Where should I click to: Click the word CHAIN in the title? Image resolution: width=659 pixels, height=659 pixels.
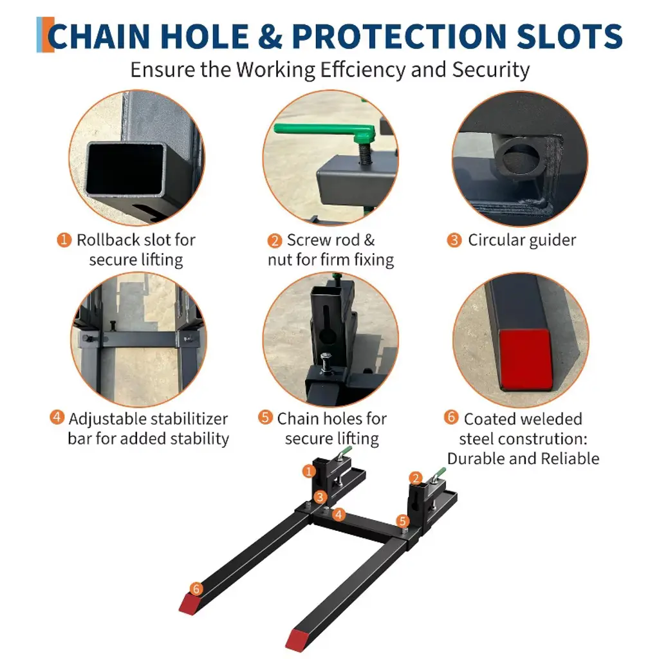(98, 36)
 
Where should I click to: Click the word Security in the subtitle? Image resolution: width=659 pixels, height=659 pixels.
(490, 70)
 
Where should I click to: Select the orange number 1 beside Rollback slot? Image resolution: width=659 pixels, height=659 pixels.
(64, 240)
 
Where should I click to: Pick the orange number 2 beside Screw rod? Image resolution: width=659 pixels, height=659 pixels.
(274, 241)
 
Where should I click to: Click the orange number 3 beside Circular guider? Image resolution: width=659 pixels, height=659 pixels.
(454, 240)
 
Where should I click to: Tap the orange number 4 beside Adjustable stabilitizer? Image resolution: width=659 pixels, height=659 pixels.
(57, 417)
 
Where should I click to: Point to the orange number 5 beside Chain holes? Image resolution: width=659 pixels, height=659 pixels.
(265, 417)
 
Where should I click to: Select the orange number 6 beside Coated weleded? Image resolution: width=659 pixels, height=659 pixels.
(451, 417)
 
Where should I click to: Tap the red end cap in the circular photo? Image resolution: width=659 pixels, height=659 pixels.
(526, 359)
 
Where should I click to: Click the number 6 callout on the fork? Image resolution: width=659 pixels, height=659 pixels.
(196, 589)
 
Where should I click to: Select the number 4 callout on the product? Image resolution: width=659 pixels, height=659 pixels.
(339, 514)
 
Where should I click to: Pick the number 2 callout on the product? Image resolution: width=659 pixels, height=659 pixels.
(416, 478)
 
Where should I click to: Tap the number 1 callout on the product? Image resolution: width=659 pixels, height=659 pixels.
(309, 471)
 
